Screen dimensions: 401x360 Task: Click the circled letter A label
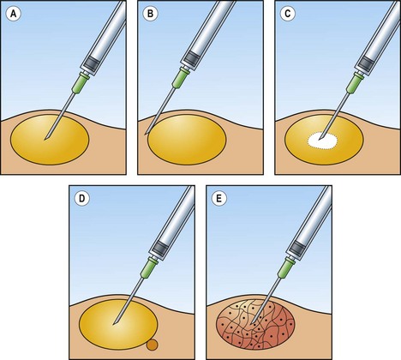(13, 14)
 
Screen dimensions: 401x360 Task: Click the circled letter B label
(150, 14)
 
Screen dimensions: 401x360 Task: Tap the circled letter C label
(287, 14)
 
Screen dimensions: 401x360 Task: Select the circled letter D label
(81, 199)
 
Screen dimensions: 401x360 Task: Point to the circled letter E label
(218, 199)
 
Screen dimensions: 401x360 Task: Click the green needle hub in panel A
(81, 83)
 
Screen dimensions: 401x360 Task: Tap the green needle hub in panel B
(181, 78)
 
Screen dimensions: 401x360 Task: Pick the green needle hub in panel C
(355, 82)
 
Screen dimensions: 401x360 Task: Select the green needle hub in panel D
(149, 267)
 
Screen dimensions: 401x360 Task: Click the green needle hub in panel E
(286, 267)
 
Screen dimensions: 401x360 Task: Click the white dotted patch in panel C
(322, 141)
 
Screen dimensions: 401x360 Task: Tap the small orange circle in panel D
(152, 345)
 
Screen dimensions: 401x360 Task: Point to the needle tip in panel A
(45, 140)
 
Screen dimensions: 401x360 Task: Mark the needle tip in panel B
(146, 134)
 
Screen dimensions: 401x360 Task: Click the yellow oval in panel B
(187, 140)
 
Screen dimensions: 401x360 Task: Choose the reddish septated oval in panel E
(255, 325)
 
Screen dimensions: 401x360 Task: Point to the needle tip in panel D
(113, 324)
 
